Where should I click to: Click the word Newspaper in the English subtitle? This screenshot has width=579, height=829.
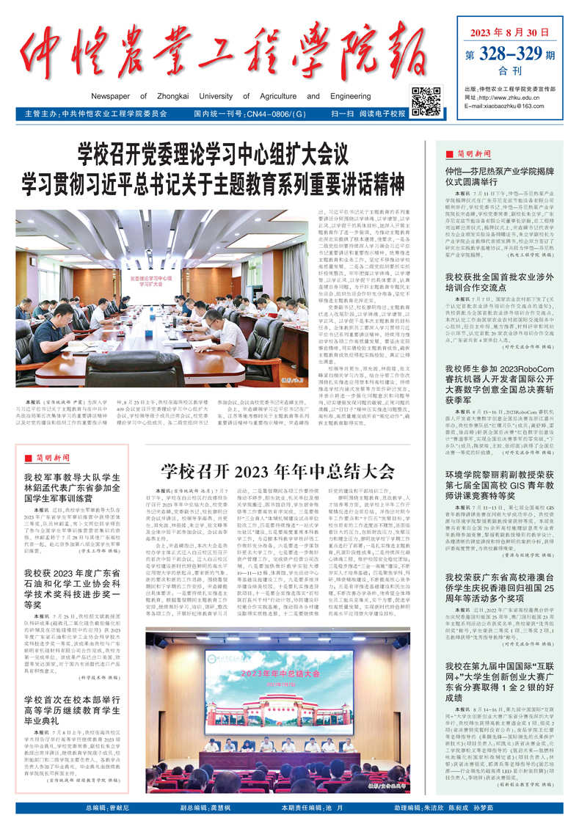click(x=119, y=96)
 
